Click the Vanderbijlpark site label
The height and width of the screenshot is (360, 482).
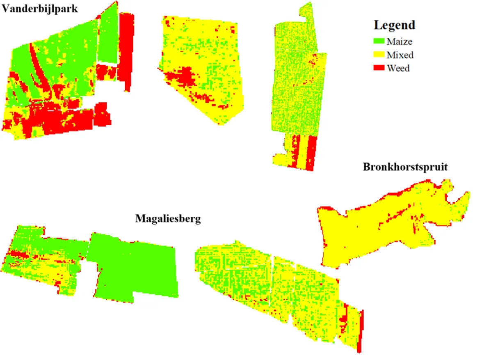(39, 8)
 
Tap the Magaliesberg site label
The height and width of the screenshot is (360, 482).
(168, 219)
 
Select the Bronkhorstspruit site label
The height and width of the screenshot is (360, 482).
(404, 167)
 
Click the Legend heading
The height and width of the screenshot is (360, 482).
(394, 25)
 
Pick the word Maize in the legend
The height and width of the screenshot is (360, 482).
(400, 41)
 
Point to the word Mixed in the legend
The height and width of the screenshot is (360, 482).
(400, 55)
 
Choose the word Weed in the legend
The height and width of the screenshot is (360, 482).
(398, 68)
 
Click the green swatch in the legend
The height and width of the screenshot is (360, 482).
(379, 41)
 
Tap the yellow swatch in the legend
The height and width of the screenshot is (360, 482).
(379, 55)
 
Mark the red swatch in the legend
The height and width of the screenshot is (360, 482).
(379, 68)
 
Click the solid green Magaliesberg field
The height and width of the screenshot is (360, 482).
(135, 267)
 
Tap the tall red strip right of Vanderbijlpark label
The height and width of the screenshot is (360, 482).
(126, 49)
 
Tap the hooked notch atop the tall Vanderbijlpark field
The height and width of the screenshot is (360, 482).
(306, 12)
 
